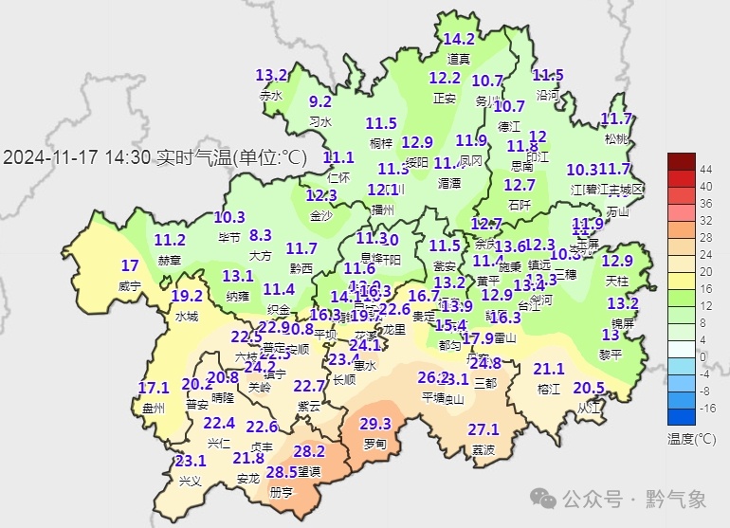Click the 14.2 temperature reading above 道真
coord(459,40)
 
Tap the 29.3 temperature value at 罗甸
coord(375,424)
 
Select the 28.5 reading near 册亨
coord(281,472)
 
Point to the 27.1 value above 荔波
coord(484,429)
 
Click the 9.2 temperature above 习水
coord(320,102)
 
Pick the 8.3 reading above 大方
coord(261,235)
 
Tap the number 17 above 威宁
coord(130,265)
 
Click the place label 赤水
coord(271,96)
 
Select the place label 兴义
coord(191,481)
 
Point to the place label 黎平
coord(611,354)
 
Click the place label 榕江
coord(549,389)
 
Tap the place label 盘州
coord(153,408)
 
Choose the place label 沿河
coord(548,95)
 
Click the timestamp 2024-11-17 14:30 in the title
coord(77,158)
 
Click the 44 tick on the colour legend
coord(705,169)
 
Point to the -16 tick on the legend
coord(705,408)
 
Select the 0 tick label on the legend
coord(703,355)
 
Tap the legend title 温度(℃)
coord(691,439)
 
